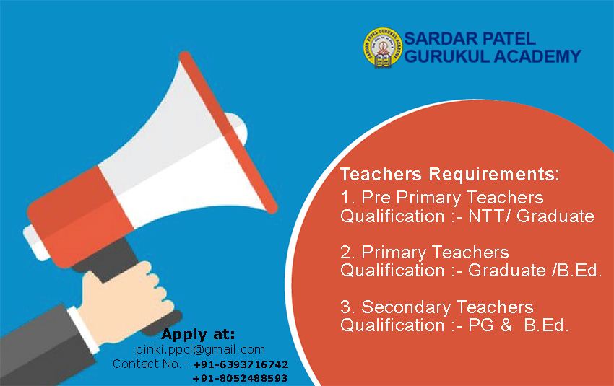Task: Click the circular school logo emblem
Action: point(383,48)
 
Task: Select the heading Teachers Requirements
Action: point(450,174)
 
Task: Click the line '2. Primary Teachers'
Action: point(425,253)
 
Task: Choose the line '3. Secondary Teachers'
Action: point(436,307)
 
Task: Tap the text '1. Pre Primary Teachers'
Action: point(441,198)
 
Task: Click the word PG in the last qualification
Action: point(481,325)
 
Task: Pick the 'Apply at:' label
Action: point(198,334)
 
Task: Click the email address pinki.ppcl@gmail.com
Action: point(200,350)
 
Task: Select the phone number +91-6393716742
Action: point(241,364)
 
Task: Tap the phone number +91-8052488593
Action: point(240,378)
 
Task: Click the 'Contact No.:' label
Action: point(147,364)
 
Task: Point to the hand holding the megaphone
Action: point(125,301)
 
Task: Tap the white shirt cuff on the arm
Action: point(84,330)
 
